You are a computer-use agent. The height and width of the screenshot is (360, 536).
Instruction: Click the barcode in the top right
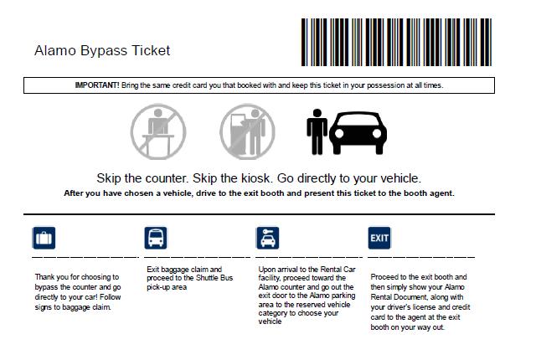(x=396, y=42)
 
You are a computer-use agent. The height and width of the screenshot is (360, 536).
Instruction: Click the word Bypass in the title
(x=104, y=51)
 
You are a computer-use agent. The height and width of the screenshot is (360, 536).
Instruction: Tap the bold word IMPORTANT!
(x=97, y=85)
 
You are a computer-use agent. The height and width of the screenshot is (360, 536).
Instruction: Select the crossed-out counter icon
(x=158, y=131)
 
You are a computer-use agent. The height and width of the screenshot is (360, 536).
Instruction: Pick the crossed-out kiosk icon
(x=247, y=131)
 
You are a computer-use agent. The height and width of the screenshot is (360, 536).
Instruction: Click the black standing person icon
(x=317, y=131)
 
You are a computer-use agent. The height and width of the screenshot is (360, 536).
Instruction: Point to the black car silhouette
(x=358, y=133)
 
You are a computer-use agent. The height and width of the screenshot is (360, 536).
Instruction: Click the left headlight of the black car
(x=339, y=133)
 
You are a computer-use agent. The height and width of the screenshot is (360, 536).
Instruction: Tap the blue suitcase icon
(x=44, y=238)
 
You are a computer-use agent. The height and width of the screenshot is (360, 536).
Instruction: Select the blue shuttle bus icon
(x=156, y=238)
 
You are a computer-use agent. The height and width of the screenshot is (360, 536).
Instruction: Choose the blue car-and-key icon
(x=268, y=238)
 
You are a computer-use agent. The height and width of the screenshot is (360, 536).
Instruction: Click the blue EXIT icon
(x=379, y=238)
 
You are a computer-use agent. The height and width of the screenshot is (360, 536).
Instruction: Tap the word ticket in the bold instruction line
(x=369, y=193)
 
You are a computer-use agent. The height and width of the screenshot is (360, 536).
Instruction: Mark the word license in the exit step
(x=424, y=307)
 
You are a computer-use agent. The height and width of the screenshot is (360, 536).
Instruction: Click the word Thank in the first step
(x=44, y=277)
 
